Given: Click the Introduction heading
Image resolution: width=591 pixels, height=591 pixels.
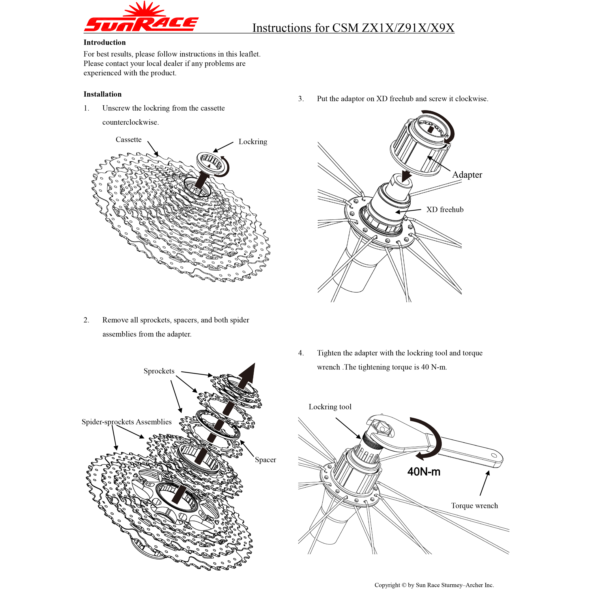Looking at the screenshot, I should click(105, 42).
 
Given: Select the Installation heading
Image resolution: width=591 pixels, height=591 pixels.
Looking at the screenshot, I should click(102, 94).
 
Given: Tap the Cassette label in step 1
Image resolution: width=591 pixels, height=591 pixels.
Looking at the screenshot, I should click(128, 139).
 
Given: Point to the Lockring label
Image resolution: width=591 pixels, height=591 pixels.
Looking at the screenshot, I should click(253, 142).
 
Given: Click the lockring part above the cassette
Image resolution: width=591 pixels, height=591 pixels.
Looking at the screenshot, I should click(212, 164).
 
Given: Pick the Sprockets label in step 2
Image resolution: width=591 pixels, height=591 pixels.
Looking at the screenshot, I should click(159, 371).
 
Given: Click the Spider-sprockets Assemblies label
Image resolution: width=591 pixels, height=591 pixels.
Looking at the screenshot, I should click(126, 422).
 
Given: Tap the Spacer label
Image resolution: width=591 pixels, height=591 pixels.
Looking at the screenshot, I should click(265, 460).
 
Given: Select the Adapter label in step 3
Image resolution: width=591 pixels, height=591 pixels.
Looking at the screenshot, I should click(467, 175).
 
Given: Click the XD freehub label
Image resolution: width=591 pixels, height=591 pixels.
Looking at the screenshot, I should click(445, 210).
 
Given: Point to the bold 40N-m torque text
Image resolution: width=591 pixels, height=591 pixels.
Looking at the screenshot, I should click(424, 472).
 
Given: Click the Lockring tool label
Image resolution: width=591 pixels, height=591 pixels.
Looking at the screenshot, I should click(330, 407).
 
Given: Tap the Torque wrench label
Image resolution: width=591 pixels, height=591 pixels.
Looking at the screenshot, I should click(474, 506).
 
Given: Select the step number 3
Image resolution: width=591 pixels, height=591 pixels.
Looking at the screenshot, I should click(301, 99).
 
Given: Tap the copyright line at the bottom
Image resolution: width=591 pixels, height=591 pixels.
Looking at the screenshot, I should click(434, 585).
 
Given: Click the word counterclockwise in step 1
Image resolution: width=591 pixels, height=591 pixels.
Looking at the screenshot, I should click(130, 122).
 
